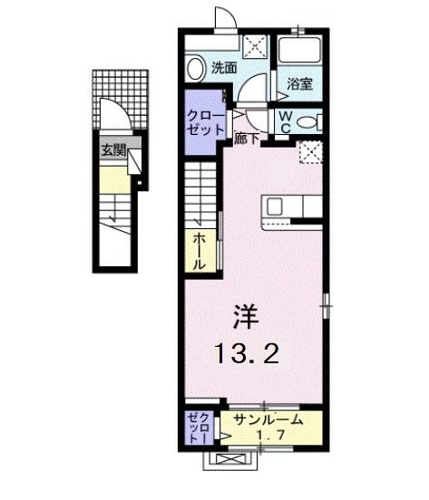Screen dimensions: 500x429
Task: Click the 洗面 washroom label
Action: point(223,66)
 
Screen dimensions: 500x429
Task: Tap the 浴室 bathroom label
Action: point(301,83)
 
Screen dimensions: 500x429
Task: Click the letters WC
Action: point(285,121)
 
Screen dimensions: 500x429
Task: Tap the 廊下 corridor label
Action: point(244,139)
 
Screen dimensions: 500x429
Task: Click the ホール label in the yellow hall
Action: point(199,250)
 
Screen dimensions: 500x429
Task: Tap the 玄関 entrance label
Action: point(113,149)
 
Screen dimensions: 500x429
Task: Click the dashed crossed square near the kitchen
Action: point(311,153)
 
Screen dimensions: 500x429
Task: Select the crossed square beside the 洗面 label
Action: point(256,46)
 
